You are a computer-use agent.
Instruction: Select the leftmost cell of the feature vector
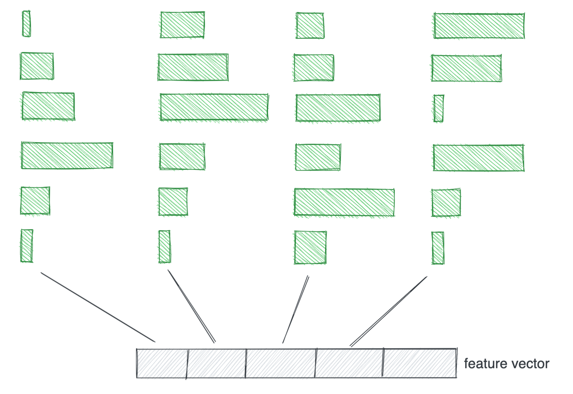tap(162, 363)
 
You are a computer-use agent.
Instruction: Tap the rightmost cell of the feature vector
tap(420, 363)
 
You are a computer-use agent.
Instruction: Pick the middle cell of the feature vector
tap(281, 363)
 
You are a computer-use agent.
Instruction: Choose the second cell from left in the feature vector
tap(216, 363)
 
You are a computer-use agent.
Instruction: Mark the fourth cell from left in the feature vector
tap(349, 363)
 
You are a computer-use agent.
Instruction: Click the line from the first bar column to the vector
tap(98, 307)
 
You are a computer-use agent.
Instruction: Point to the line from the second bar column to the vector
tap(191, 306)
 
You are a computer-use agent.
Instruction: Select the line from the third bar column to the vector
tap(295, 309)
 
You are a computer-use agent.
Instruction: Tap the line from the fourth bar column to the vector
tap(388, 311)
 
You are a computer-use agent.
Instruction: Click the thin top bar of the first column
tap(26, 24)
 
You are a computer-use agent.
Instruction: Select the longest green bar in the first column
tap(67, 156)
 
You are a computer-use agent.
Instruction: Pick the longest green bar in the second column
tap(214, 107)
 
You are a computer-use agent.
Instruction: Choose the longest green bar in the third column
tap(344, 202)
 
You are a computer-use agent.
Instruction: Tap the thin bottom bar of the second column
tap(164, 247)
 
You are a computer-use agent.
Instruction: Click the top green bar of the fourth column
tap(479, 26)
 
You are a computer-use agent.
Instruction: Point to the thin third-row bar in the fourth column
tap(439, 108)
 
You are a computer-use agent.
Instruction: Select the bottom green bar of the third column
tap(310, 248)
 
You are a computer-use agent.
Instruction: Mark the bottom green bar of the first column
tap(27, 246)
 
